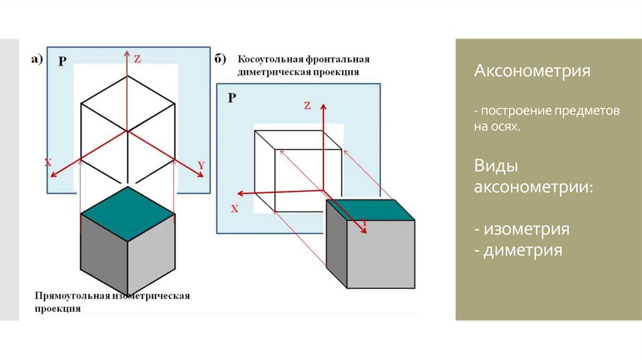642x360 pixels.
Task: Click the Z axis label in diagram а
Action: point(137,59)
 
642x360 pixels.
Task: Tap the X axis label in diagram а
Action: point(48,163)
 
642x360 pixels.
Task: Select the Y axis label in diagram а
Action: point(201,166)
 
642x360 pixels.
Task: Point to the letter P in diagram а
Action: point(62,61)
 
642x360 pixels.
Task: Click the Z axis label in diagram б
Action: point(307,105)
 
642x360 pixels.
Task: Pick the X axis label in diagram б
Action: point(234,209)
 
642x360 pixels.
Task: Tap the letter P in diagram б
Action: point(232,98)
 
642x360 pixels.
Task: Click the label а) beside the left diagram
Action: point(37,60)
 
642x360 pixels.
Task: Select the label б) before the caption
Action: point(220,60)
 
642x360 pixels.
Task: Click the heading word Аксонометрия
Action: point(532,70)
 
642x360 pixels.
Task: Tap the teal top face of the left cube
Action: point(128,214)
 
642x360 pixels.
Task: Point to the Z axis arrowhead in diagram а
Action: point(127,54)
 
